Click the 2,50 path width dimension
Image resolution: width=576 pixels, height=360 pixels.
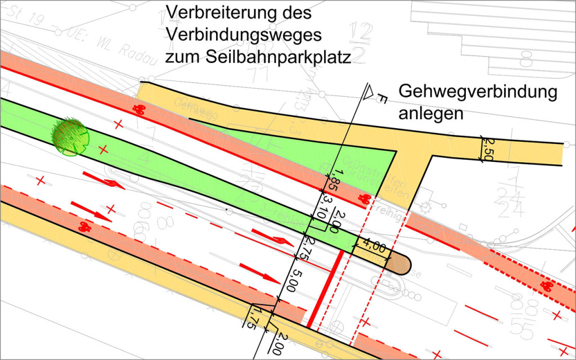(x=487, y=149)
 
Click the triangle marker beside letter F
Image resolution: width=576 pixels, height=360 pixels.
(x=370, y=92)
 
